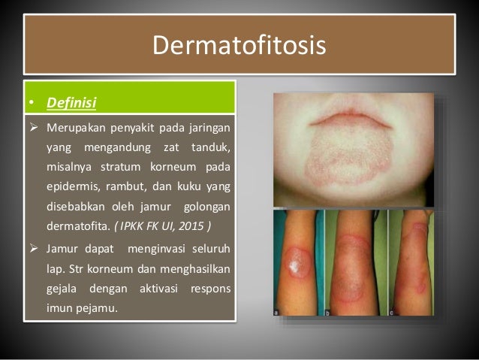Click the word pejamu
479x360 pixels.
[x=98, y=304]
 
